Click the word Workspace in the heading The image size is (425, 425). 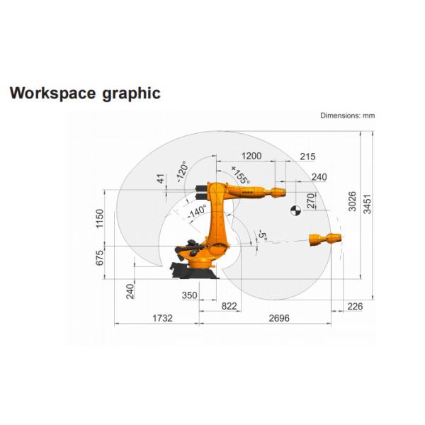tap(53, 93)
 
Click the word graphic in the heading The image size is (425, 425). tap(132, 93)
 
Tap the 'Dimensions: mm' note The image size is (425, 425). tap(348, 115)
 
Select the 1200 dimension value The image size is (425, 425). tap(251, 156)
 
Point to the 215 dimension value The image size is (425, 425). tap(307, 157)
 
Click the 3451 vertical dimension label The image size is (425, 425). tap(367, 204)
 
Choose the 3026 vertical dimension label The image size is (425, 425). tap(352, 201)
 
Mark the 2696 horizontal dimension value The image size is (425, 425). tap(279, 317)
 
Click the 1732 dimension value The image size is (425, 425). tap(162, 317)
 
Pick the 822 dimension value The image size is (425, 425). tap(229, 306)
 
